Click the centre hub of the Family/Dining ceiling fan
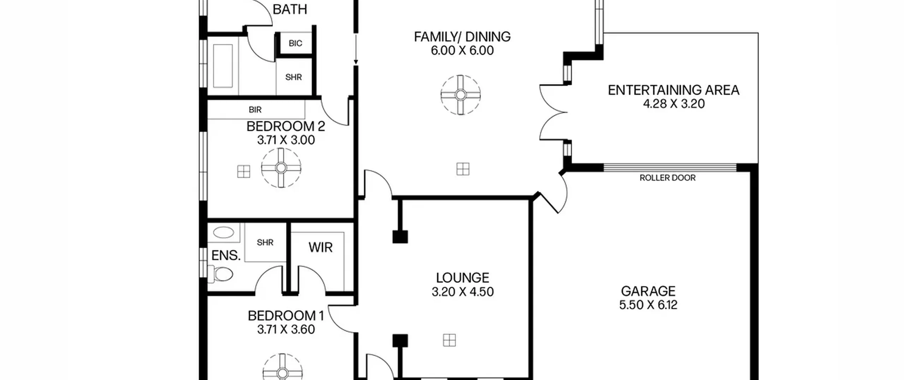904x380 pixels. tap(460, 95)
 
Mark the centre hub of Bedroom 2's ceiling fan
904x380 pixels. tap(281, 168)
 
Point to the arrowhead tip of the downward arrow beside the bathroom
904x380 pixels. tap(356, 64)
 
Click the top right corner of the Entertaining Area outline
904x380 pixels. tap(758, 33)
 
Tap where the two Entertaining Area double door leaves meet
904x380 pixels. tap(567, 113)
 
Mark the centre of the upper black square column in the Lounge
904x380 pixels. tap(400, 237)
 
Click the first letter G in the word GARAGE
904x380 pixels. tap(625, 291)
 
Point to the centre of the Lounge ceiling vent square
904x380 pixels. tap(449, 340)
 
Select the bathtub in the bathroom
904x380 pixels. tap(223, 66)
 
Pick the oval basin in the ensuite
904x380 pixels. tap(224, 232)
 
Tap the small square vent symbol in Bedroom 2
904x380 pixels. tap(244, 171)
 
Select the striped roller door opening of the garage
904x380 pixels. tap(670, 167)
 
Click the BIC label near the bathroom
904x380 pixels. tap(296, 43)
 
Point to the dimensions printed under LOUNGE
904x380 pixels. tap(463, 292)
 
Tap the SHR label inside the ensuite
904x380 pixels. tap(265, 242)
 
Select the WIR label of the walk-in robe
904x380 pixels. tap(321, 247)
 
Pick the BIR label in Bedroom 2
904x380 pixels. tap(255, 110)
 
